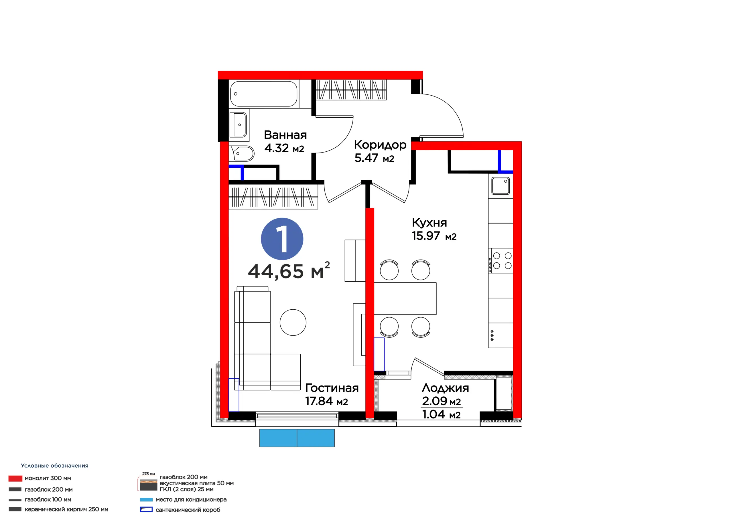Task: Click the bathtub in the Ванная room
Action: [264, 94]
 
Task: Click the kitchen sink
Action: [500, 185]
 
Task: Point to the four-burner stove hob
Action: [500, 260]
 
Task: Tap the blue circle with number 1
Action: [282, 239]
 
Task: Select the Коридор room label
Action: [380, 145]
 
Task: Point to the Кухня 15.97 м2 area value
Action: [434, 236]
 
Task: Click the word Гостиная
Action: [332, 388]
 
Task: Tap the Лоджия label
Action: [445, 388]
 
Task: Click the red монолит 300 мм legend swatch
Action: [15, 479]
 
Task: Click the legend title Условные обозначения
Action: [55, 466]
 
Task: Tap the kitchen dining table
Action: [405, 298]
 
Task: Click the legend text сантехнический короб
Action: [188, 510]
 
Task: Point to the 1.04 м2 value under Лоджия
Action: [441, 415]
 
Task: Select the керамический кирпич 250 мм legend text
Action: [66, 509]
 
